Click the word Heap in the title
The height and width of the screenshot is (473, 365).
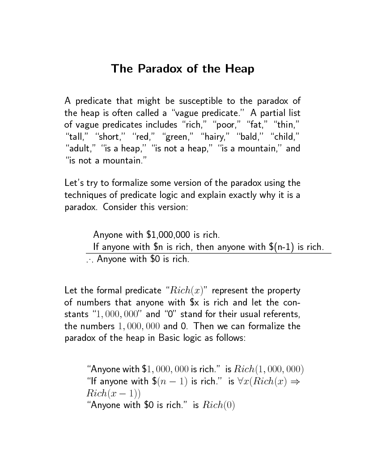239,69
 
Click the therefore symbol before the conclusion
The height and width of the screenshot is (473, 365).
89,259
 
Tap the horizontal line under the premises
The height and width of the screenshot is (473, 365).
208,253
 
